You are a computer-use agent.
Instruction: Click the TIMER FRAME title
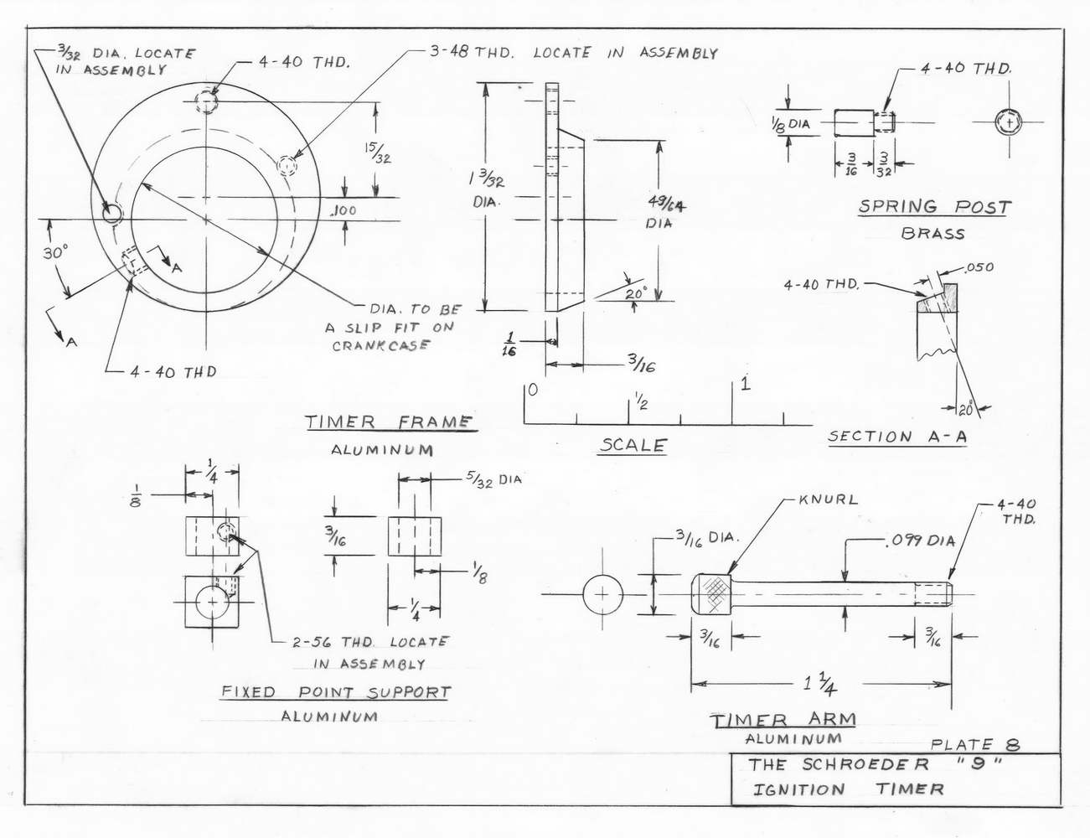(x=390, y=422)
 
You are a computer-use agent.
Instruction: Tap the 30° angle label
(x=54, y=253)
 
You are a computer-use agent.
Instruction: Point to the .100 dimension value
(x=344, y=210)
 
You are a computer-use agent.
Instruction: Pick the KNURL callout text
(x=828, y=499)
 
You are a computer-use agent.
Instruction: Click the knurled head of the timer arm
(x=711, y=594)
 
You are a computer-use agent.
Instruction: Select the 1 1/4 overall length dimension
(x=819, y=684)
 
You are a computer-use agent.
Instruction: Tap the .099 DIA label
(x=920, y=541)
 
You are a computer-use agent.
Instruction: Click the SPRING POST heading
(x=934, y=206)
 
